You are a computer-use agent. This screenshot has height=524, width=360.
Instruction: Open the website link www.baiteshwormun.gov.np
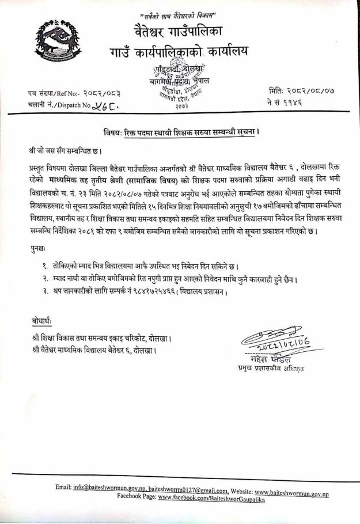pyautogui.click(x=291, y=487)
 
